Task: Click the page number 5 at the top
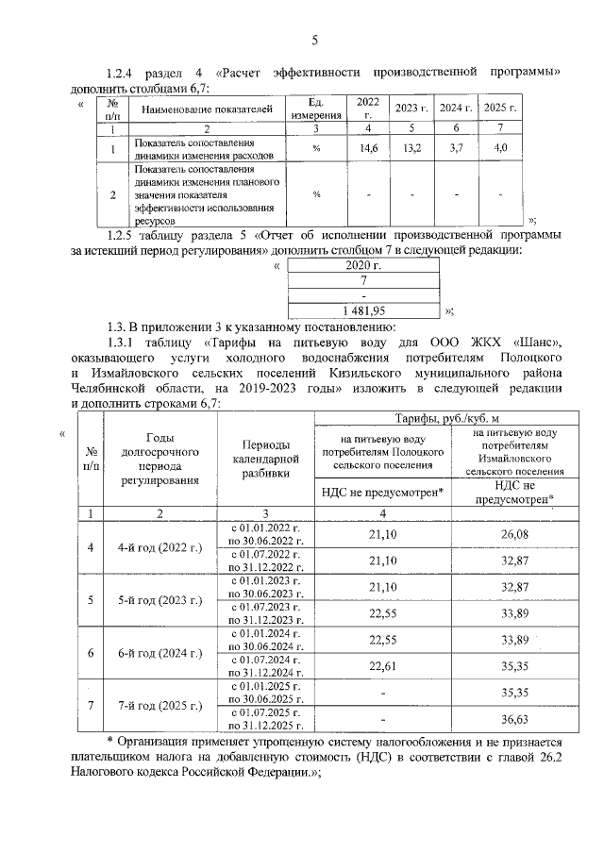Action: point(315,40)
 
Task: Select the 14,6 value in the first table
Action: point(368,148)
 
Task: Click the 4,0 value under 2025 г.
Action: point(501,148)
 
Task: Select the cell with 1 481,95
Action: point(363,309)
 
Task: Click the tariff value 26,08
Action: point(512,533)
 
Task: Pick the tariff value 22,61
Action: point(383,666)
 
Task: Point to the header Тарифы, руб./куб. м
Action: point(445,417)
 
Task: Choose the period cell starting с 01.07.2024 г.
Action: point(265,666)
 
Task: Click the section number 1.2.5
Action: point(126,234)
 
